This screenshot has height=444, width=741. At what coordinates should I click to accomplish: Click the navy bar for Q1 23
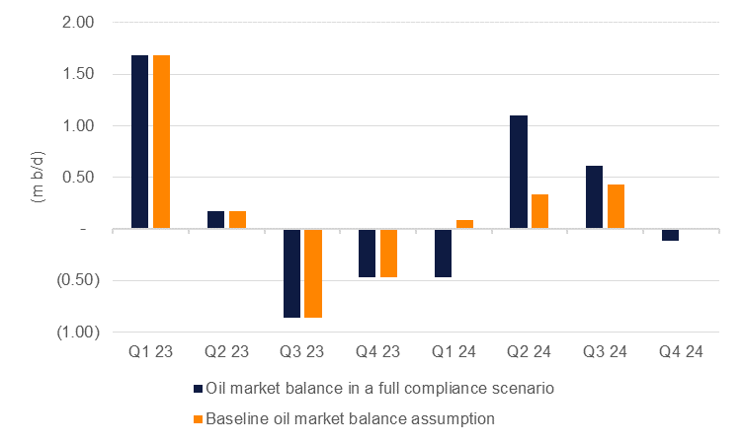[139, 142]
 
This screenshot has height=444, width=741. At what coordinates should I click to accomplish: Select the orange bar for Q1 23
[161, 142]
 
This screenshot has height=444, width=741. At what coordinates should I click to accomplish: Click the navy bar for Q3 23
[291, 273]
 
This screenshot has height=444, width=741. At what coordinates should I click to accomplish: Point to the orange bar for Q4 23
[389, 254]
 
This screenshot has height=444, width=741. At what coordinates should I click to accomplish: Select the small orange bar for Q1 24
[464, 225]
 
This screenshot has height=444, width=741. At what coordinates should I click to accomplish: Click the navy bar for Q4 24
[671, 235]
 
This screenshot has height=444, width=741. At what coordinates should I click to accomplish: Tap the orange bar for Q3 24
[617, 207]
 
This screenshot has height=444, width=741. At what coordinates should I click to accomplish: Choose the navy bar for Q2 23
[215, 220]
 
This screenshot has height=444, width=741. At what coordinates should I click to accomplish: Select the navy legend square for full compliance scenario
[199, 389]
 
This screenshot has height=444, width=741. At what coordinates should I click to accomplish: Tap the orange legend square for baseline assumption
[199, 418]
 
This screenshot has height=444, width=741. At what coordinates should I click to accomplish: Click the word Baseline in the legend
[239, 418]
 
